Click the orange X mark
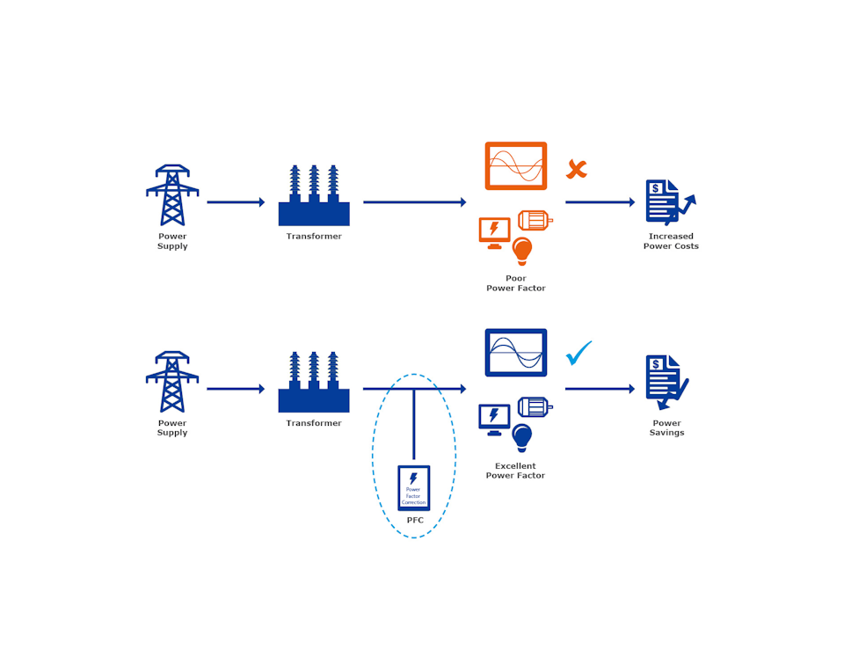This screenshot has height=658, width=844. [x=576, y=169]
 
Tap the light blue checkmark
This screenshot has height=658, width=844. [x=578, y=353]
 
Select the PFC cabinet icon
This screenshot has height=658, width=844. [x=413, y=487]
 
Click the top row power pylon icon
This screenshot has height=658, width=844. [x=172, y=195]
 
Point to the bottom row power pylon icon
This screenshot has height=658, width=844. [x=172, y=382]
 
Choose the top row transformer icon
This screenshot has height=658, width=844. [x=314, y=197]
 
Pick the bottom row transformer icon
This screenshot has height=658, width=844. [x=314, y=384]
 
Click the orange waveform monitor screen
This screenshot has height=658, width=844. [x=516, y=165]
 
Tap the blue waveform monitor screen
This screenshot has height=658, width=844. [x=516, y=353]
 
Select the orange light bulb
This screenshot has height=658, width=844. [x=522, y=251]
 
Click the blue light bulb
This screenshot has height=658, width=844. [x=522, y=437]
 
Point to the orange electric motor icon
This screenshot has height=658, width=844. [x=535, y=220]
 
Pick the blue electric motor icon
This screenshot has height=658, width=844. [x=535, y=406]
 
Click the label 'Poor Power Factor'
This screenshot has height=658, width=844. [x=516, y=283]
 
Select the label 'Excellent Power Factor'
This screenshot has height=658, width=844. [x=516, y=471]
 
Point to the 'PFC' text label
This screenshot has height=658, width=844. [x=415, y=521]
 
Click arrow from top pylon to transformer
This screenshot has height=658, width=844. [x=236, y=202]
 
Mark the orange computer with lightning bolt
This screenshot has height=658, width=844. [x=494, y=231]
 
